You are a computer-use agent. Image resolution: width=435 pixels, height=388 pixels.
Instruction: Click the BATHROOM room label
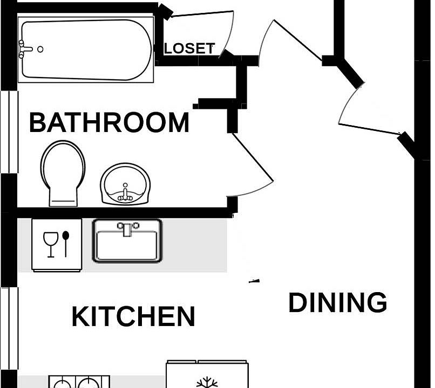pos(109,123)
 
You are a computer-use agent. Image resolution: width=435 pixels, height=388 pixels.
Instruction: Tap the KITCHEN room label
pos(133,316)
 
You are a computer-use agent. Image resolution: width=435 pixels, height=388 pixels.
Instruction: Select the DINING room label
pos(338,303)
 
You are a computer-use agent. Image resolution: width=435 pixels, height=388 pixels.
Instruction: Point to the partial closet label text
pos(189,48)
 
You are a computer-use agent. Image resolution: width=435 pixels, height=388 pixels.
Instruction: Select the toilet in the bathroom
pos(64,172)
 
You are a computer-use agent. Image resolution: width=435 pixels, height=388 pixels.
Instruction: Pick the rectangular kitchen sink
pos(127,241)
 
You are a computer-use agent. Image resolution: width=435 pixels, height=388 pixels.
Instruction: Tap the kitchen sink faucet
pos(127,228)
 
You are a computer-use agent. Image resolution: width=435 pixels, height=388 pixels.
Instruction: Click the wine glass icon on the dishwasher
pos(51,244)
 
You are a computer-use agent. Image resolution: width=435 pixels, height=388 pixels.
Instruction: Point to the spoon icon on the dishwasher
pos(66,242)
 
